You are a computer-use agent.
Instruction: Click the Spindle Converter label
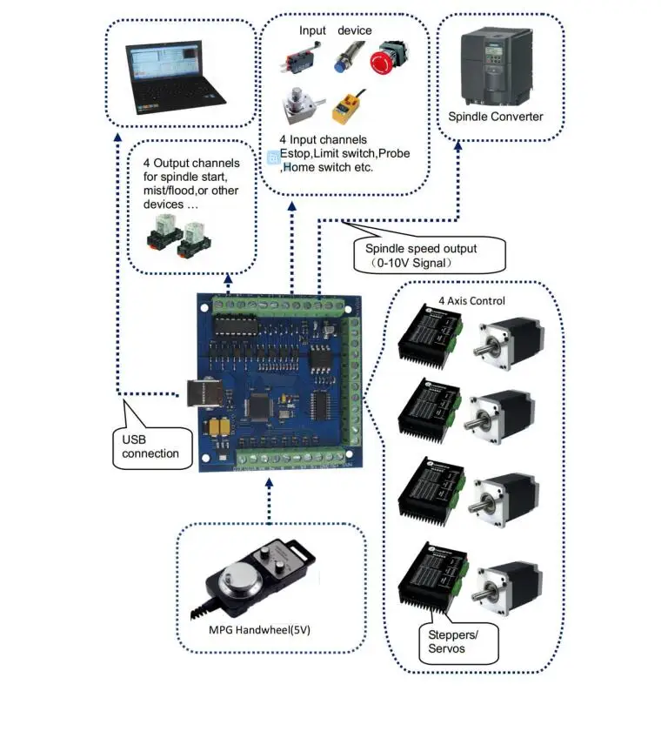point(496,116)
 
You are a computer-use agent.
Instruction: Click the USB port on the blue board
point(197,394)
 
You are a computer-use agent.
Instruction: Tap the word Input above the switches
point(312,30)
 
